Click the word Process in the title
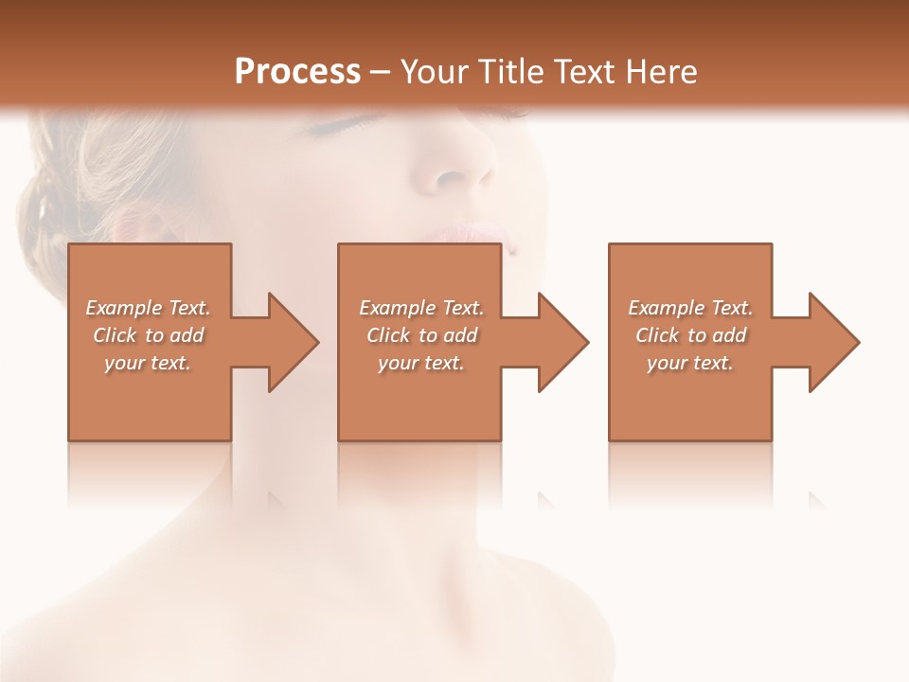[297, 71]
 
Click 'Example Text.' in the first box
[148, 308]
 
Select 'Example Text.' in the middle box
[420, 308]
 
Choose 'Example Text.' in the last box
[689, 308]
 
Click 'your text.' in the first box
[148, 363]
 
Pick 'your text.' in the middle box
[420, 363]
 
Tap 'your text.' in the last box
[689, 363]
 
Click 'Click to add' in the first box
[148, 335]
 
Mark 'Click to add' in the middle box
[420, 335]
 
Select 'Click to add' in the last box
[689, 335]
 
